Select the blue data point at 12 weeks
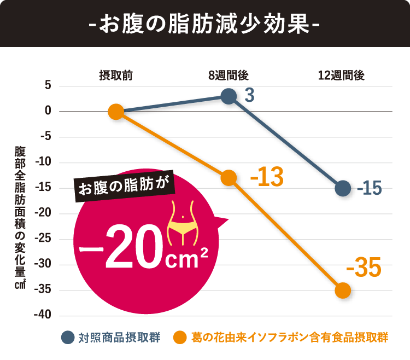point(343,188)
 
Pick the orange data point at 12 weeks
point(343,290)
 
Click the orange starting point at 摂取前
point(115,112)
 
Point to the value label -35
point(363,269)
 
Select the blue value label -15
point(370,189)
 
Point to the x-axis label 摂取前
point(115,76)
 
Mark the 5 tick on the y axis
point(48,86)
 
